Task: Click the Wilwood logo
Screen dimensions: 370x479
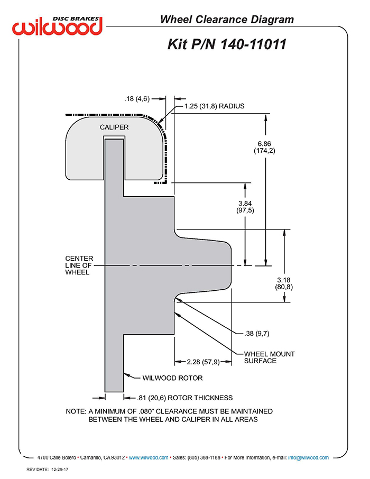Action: click(x=57, y=26)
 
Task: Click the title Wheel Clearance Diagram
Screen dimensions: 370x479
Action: click(x=227, y=20)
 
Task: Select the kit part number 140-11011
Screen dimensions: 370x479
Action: click(x=253, y=44)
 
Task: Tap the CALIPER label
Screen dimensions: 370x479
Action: click(x=114, y=127)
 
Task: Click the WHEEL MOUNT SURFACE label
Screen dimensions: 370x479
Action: click(x=269, y=357)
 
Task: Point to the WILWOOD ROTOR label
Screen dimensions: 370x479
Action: click(x=172, y=378)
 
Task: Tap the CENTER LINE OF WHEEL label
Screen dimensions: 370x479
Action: click(x=79, y=265)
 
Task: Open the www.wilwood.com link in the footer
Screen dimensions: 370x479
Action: click(x=149, y=457)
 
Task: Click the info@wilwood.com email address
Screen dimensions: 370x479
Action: click(x=308, y=457)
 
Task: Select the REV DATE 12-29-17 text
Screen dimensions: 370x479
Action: click(x=48, y=469)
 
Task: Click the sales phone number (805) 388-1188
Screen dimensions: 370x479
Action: click(x=203, y=457)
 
